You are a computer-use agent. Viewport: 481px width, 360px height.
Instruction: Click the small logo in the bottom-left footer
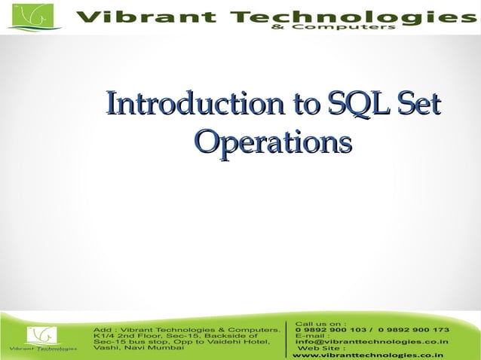[41, 335]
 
